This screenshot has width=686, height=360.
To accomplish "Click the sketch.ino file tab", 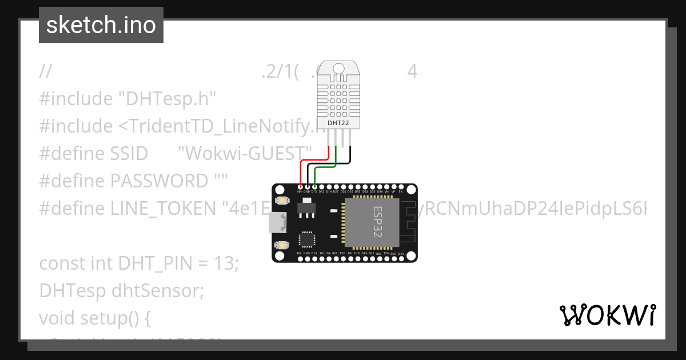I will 101,25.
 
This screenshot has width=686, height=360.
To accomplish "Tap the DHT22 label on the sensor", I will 338,123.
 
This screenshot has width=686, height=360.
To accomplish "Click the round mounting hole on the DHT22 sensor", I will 338,69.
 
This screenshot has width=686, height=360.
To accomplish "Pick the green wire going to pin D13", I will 326,168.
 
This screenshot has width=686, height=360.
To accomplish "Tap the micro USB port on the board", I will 278,223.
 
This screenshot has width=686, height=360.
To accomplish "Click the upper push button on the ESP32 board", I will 282,201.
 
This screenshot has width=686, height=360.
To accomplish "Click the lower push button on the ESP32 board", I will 282,245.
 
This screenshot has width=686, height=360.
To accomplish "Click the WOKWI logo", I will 607,315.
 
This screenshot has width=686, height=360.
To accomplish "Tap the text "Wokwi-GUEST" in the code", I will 245,153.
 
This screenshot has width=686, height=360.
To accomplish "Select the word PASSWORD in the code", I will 159,181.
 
